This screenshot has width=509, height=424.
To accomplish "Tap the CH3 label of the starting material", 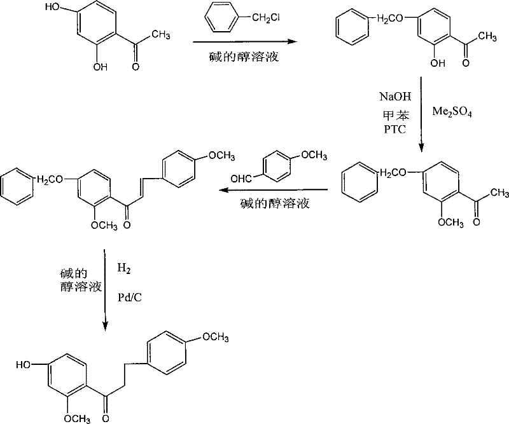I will [160, 36].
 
